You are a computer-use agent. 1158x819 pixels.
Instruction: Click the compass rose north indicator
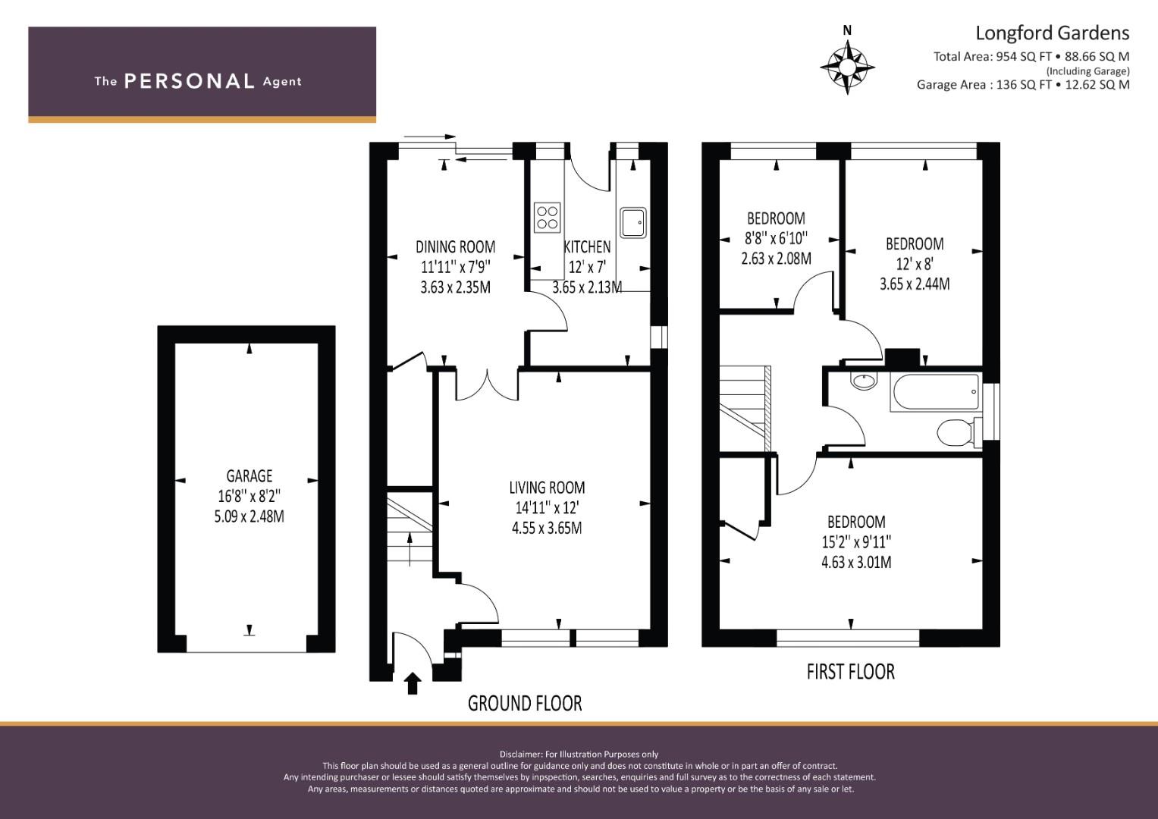coord(847,62)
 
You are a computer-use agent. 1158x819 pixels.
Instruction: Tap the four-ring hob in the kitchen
coord(547,217)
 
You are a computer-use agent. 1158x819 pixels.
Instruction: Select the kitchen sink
coord(633,222)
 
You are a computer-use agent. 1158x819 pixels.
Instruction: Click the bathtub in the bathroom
coord(935,393)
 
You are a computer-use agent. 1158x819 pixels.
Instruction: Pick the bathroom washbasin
coord(864,381)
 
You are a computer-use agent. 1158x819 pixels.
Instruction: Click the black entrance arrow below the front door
coord(412,683)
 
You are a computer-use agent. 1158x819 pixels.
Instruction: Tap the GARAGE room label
coord(249,475)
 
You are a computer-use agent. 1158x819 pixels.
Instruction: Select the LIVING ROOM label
coord(547,488)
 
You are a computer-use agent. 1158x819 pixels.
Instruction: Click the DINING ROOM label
coord(456,246)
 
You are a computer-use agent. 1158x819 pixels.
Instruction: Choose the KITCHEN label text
coord(587,246)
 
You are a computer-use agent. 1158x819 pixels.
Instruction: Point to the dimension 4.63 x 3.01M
coord(857,562)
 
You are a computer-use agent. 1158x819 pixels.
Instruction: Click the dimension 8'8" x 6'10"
coord(776,238)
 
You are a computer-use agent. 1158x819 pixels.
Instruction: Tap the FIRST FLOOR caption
coord(850,672)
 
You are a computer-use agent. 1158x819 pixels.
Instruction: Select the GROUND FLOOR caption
coord(525,703)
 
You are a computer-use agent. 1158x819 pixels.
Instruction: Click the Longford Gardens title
coord(1052,33)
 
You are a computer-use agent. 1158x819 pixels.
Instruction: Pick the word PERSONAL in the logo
coord(190,81)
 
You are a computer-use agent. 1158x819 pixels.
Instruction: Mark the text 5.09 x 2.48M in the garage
coord(249,516)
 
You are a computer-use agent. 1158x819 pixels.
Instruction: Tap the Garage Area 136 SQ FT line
coord(1023,85)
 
